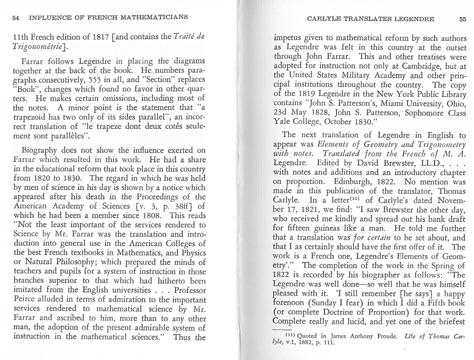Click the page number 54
click(16, 18)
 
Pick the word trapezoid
click(29, 118)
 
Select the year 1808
click(147, 215)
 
